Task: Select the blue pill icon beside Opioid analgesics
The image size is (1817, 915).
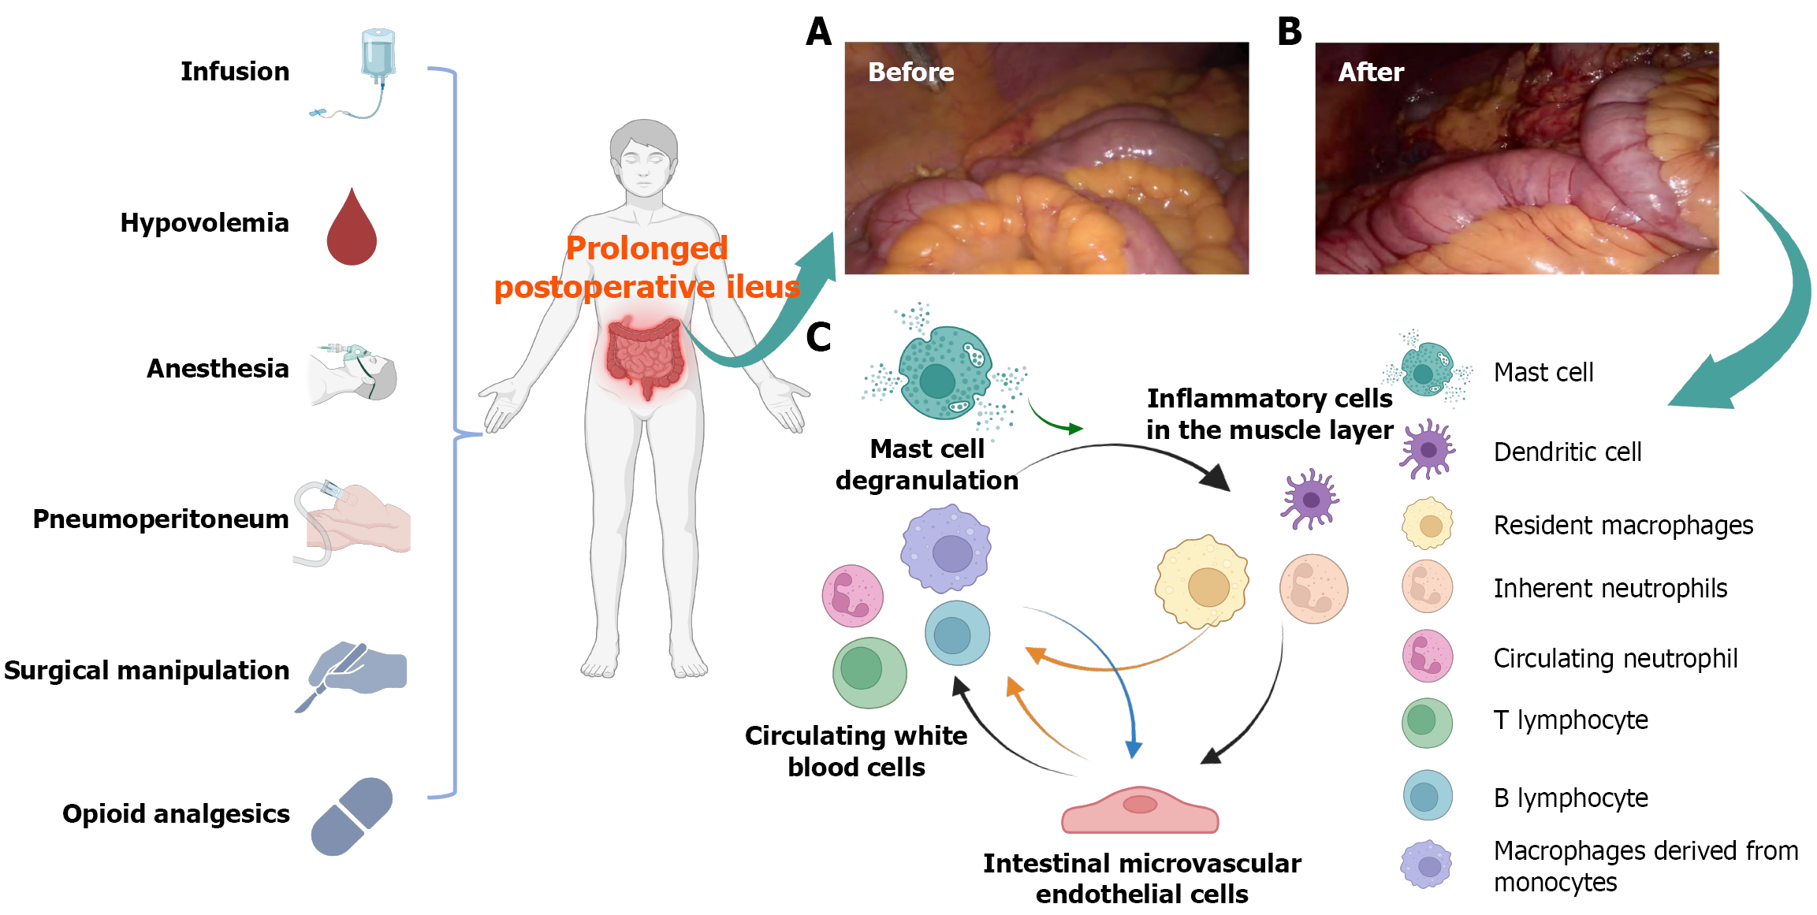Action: point(352,816)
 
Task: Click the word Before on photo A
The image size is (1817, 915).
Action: point(910,73)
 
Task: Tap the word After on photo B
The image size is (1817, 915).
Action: point(1371,73)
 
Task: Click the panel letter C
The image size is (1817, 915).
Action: point(818,337)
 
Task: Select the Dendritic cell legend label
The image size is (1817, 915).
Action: point(1567,452)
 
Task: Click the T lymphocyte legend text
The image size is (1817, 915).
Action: point(1570,720)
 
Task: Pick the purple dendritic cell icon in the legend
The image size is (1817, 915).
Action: point(1428,450)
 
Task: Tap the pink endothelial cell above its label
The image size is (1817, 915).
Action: point(1140,810)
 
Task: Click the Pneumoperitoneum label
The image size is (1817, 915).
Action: point(161,519)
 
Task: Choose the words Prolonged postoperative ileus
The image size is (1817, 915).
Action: point(646,268)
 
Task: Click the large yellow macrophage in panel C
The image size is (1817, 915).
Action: point(1202,582)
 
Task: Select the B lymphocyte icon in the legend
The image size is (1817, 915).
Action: point(1428,795)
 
